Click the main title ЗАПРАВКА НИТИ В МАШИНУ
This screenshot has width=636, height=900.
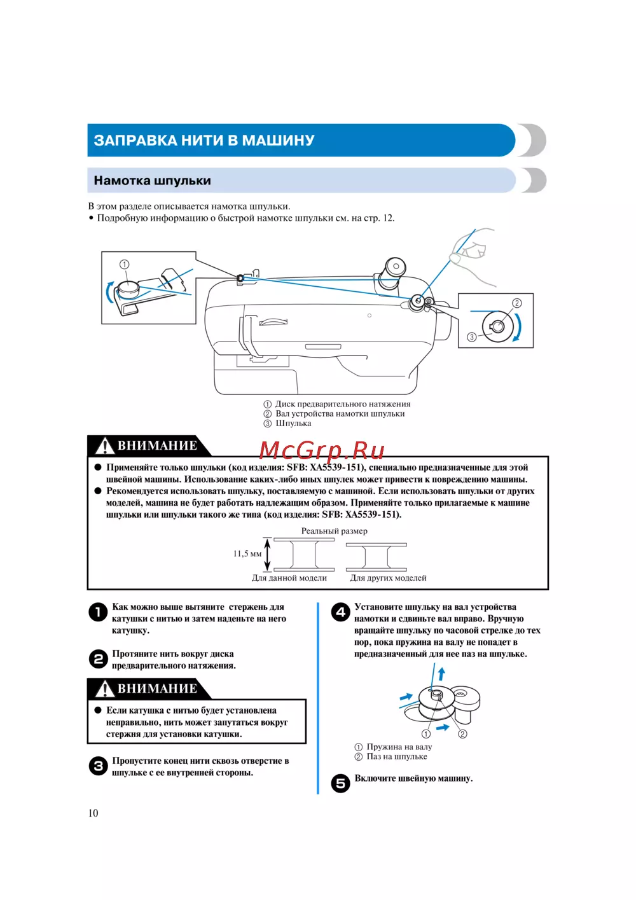tap(204, 141)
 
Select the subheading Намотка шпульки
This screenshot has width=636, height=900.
tap(152, 181)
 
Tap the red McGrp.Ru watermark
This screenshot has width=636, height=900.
tap(322, 450)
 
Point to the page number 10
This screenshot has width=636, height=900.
tap(93, 813)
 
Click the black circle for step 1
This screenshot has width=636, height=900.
tap(98, 612)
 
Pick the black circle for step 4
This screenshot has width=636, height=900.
tap(340, 612)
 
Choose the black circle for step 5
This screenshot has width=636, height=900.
tap(340, 783)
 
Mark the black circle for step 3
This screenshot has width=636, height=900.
tap(98, 766)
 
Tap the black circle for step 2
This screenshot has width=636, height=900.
tap(98, 659)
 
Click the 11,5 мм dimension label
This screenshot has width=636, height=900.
tap(247, 554)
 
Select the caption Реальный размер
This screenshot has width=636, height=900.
tap(335, 531)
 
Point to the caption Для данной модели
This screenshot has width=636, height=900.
tap(289, 578)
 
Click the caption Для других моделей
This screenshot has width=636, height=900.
tap(388, 578)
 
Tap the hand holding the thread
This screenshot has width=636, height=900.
tap(474, 254)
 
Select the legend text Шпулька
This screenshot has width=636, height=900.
tap(293, 424)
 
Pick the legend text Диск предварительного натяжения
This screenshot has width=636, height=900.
tap(343, 404)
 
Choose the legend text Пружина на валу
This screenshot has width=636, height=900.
tap(399, 747)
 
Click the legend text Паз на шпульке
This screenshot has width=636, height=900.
tap(397, 756)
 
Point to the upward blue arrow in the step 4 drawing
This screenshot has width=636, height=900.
tap(441, 674)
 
